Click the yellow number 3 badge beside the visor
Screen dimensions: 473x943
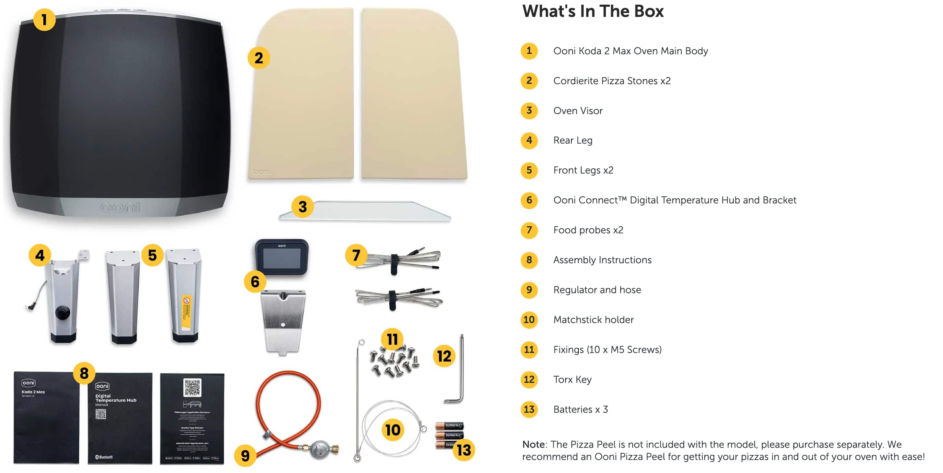click(x=302, y=207)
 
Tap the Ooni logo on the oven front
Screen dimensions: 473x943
click(x=120, y=207)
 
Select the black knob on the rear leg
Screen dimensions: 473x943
click(x=63, y=313)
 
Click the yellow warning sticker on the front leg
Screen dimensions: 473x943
click(x=186, y=312)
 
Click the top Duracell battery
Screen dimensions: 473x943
click(x=450, y=426)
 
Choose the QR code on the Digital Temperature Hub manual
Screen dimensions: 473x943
click(x=101, y=414)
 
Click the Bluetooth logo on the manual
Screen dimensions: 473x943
click(x=104, y=457)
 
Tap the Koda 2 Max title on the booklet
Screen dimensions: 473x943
click(x=33, y=392)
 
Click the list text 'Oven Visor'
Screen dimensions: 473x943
click(x=578, y=111)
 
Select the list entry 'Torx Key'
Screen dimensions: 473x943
click(x=572, y=379)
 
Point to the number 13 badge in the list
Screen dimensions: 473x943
click(x=529, y=409)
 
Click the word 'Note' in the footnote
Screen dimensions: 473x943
click(x=533, y=444)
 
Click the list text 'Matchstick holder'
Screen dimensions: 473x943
click(x=593, y=320)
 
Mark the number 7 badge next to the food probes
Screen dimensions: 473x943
click(x=356, y=255)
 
